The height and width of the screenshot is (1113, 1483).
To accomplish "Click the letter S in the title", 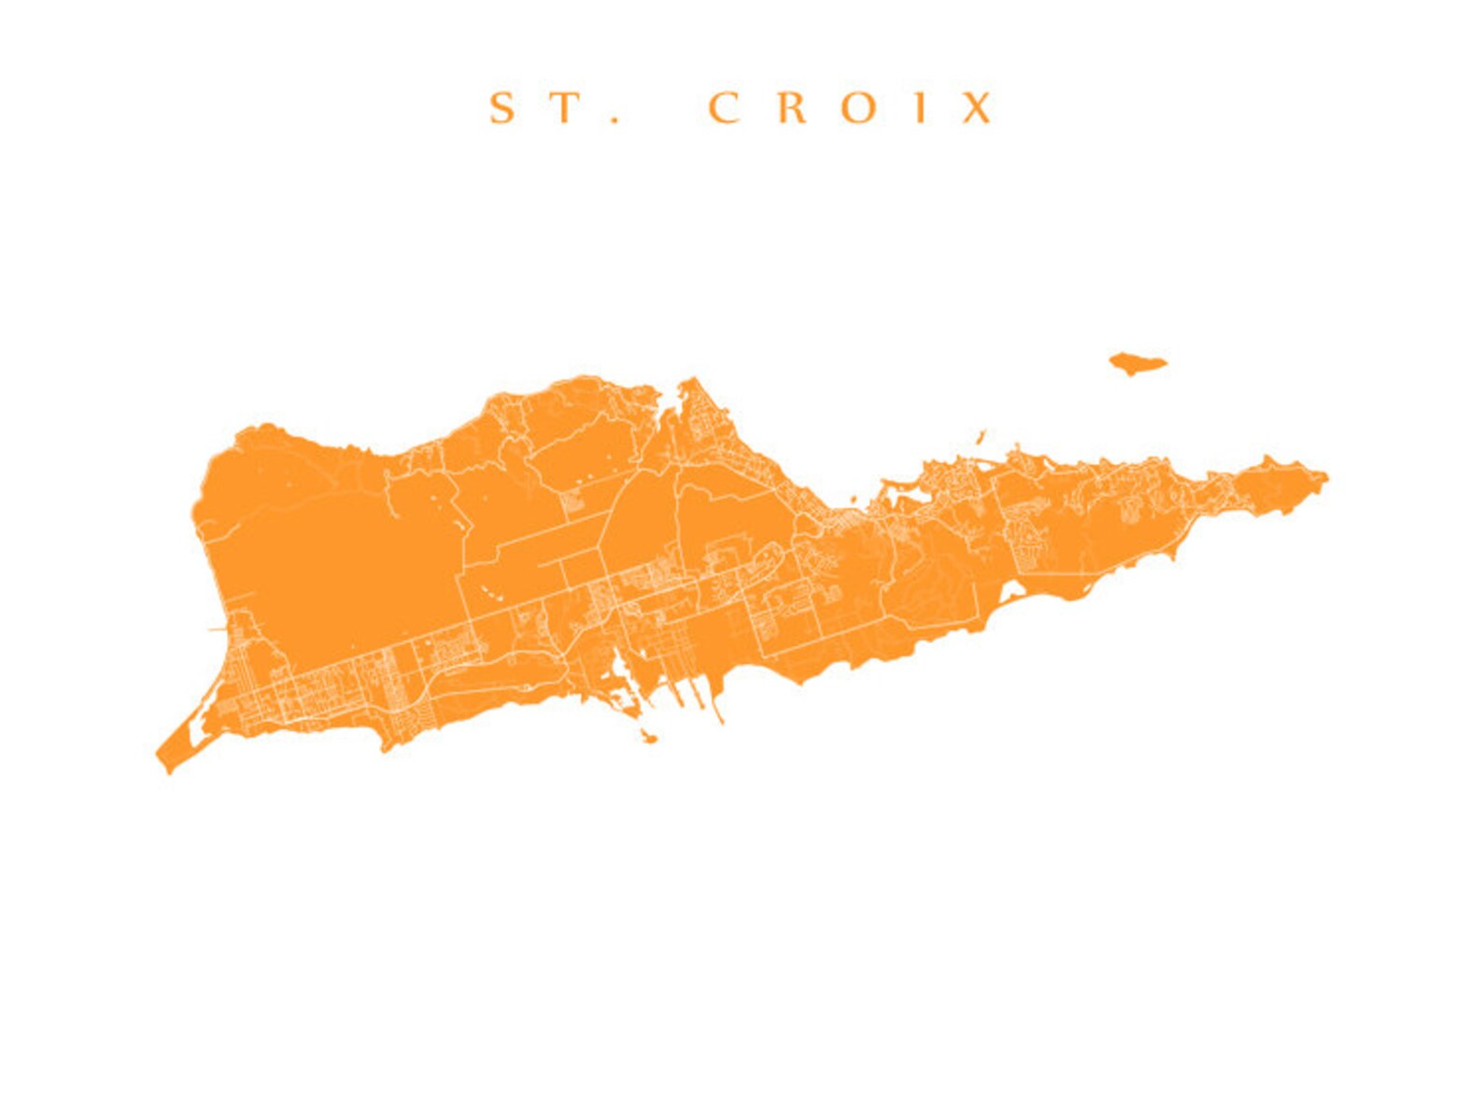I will pyautogui.click(x=502, y=108).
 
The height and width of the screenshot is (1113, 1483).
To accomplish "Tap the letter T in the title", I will pyautogui.click(x=564, y=108).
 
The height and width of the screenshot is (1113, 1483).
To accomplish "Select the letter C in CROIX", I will pyautogui.click(x=725, y=108).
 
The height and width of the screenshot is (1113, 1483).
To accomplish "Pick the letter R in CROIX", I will pyautogui.click(x=792, y=108).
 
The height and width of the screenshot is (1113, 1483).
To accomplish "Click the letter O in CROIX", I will pyautogui.click(x=858, y=108).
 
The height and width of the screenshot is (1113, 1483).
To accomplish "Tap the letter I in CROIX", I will pyautogui.click(x=921, y=108).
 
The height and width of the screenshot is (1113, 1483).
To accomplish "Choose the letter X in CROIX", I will pyautogui.click(x=977, y=108).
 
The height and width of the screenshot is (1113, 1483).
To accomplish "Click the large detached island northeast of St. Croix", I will pyautogui.click(x=1137, y=363).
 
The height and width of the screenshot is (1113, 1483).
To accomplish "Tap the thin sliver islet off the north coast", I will pyautogui.click(x=982, y=436).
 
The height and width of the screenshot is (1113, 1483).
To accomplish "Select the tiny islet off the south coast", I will pyautogui.click(x=648, y=739).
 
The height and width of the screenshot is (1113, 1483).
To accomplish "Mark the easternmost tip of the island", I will pyautogui.click(x=1326, y=478).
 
